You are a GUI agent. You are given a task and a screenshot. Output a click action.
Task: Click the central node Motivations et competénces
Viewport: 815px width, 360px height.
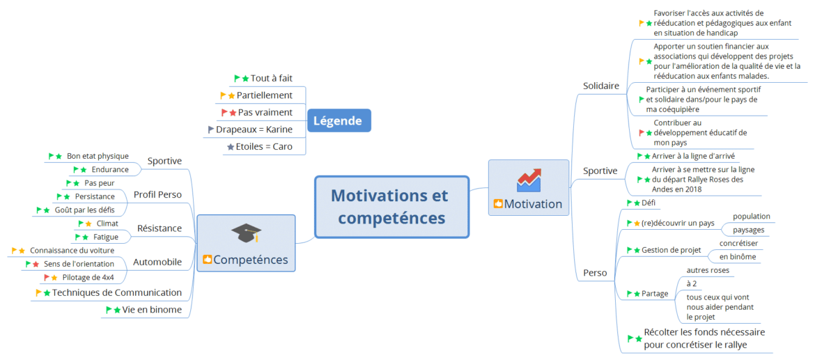tap(392, 207)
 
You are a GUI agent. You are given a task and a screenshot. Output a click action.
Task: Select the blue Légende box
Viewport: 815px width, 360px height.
tap(338, 121)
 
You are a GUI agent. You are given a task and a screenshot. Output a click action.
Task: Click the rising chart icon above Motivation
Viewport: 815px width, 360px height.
tap(529, 180)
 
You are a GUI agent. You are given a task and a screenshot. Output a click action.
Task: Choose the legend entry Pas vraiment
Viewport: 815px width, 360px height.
tap(265, 112)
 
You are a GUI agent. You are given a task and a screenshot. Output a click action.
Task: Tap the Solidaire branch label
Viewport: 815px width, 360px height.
tap(601, 86)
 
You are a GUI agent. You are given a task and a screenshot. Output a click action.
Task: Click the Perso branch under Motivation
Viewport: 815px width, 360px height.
tap(595, 272)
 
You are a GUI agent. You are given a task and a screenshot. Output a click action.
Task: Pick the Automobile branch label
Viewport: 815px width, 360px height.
tap(157, 262)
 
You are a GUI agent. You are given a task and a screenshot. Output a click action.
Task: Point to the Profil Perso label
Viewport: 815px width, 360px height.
tap(157, 195)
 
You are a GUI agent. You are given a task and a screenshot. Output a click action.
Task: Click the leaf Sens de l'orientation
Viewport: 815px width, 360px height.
tap(79, 264)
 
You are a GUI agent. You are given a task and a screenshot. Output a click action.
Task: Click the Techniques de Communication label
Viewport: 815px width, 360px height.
tap(117, 292)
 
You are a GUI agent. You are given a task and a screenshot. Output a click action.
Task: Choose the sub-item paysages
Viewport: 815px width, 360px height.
tap(748, 230)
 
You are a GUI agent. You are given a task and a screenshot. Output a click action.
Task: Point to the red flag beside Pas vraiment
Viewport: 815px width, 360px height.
tap(224, 112)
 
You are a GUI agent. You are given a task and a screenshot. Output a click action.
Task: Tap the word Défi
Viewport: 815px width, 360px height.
tap(649, 203)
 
